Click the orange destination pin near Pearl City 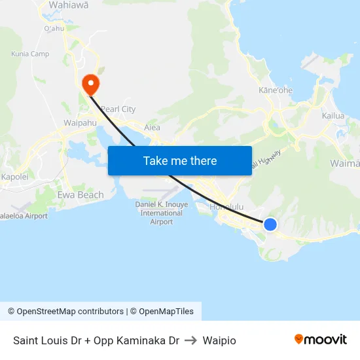[89, 84]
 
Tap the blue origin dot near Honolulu [270, 225]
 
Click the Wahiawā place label [69, 5]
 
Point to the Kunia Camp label [30, 54]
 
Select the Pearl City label [118, 109]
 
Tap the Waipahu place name [80, 122]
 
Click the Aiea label [152, 128]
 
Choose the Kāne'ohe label [275, 90]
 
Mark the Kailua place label [333, 116]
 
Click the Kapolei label [14, 177]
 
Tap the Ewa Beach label [81, 194]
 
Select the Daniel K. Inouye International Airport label [161, 213]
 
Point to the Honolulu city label [226, 207]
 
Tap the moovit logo [321, 340]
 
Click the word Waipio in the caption [219, 340]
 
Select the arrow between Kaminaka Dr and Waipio [190, 340]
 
